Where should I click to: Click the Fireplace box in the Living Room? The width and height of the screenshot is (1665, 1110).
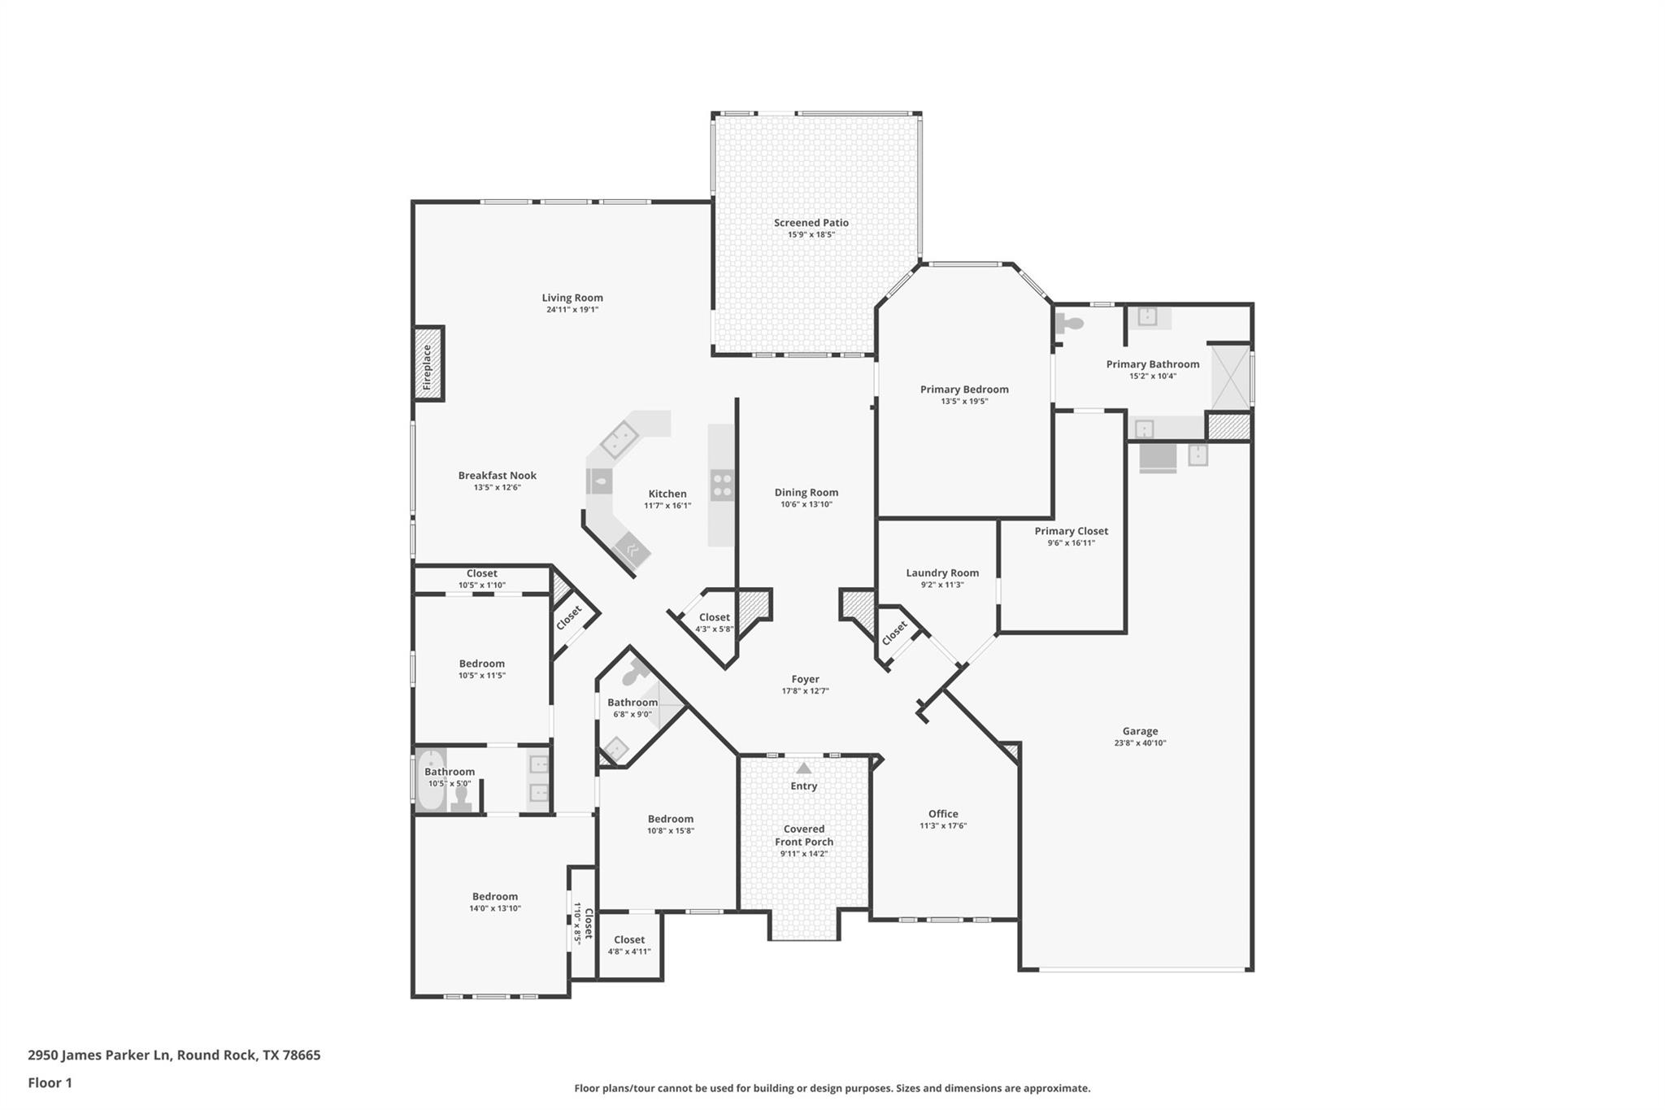point(428,363)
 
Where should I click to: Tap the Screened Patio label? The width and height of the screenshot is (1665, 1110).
point(811,223)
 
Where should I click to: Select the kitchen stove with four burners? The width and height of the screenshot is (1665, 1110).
point(722,485)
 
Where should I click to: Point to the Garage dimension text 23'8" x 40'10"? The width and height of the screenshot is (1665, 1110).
point(1140,743)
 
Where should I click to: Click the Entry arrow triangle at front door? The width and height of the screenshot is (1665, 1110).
point(803,768)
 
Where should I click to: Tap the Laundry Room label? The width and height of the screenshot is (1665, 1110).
point(942,572)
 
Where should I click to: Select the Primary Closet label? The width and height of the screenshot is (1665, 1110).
point(1071,531)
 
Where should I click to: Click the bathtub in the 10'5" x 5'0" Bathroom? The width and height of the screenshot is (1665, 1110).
point(430,779)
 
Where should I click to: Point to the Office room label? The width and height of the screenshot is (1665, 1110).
point(943,814)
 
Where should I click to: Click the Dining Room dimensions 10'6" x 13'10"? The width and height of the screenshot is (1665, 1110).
point(806,504)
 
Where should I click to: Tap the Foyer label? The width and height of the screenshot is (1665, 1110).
point(805,679)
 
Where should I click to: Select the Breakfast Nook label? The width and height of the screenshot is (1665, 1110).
point(497,476)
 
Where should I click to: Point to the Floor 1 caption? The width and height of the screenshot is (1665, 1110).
point(50,1083)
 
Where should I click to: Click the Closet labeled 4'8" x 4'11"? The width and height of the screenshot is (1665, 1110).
point(629,945)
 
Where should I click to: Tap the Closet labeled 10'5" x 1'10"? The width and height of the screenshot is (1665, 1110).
point(481,578)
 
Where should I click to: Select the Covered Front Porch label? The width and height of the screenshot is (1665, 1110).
point(803,836)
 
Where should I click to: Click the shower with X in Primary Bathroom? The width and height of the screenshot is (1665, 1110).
point(1230,377)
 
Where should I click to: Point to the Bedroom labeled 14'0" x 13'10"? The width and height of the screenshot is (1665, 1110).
point(494,902)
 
